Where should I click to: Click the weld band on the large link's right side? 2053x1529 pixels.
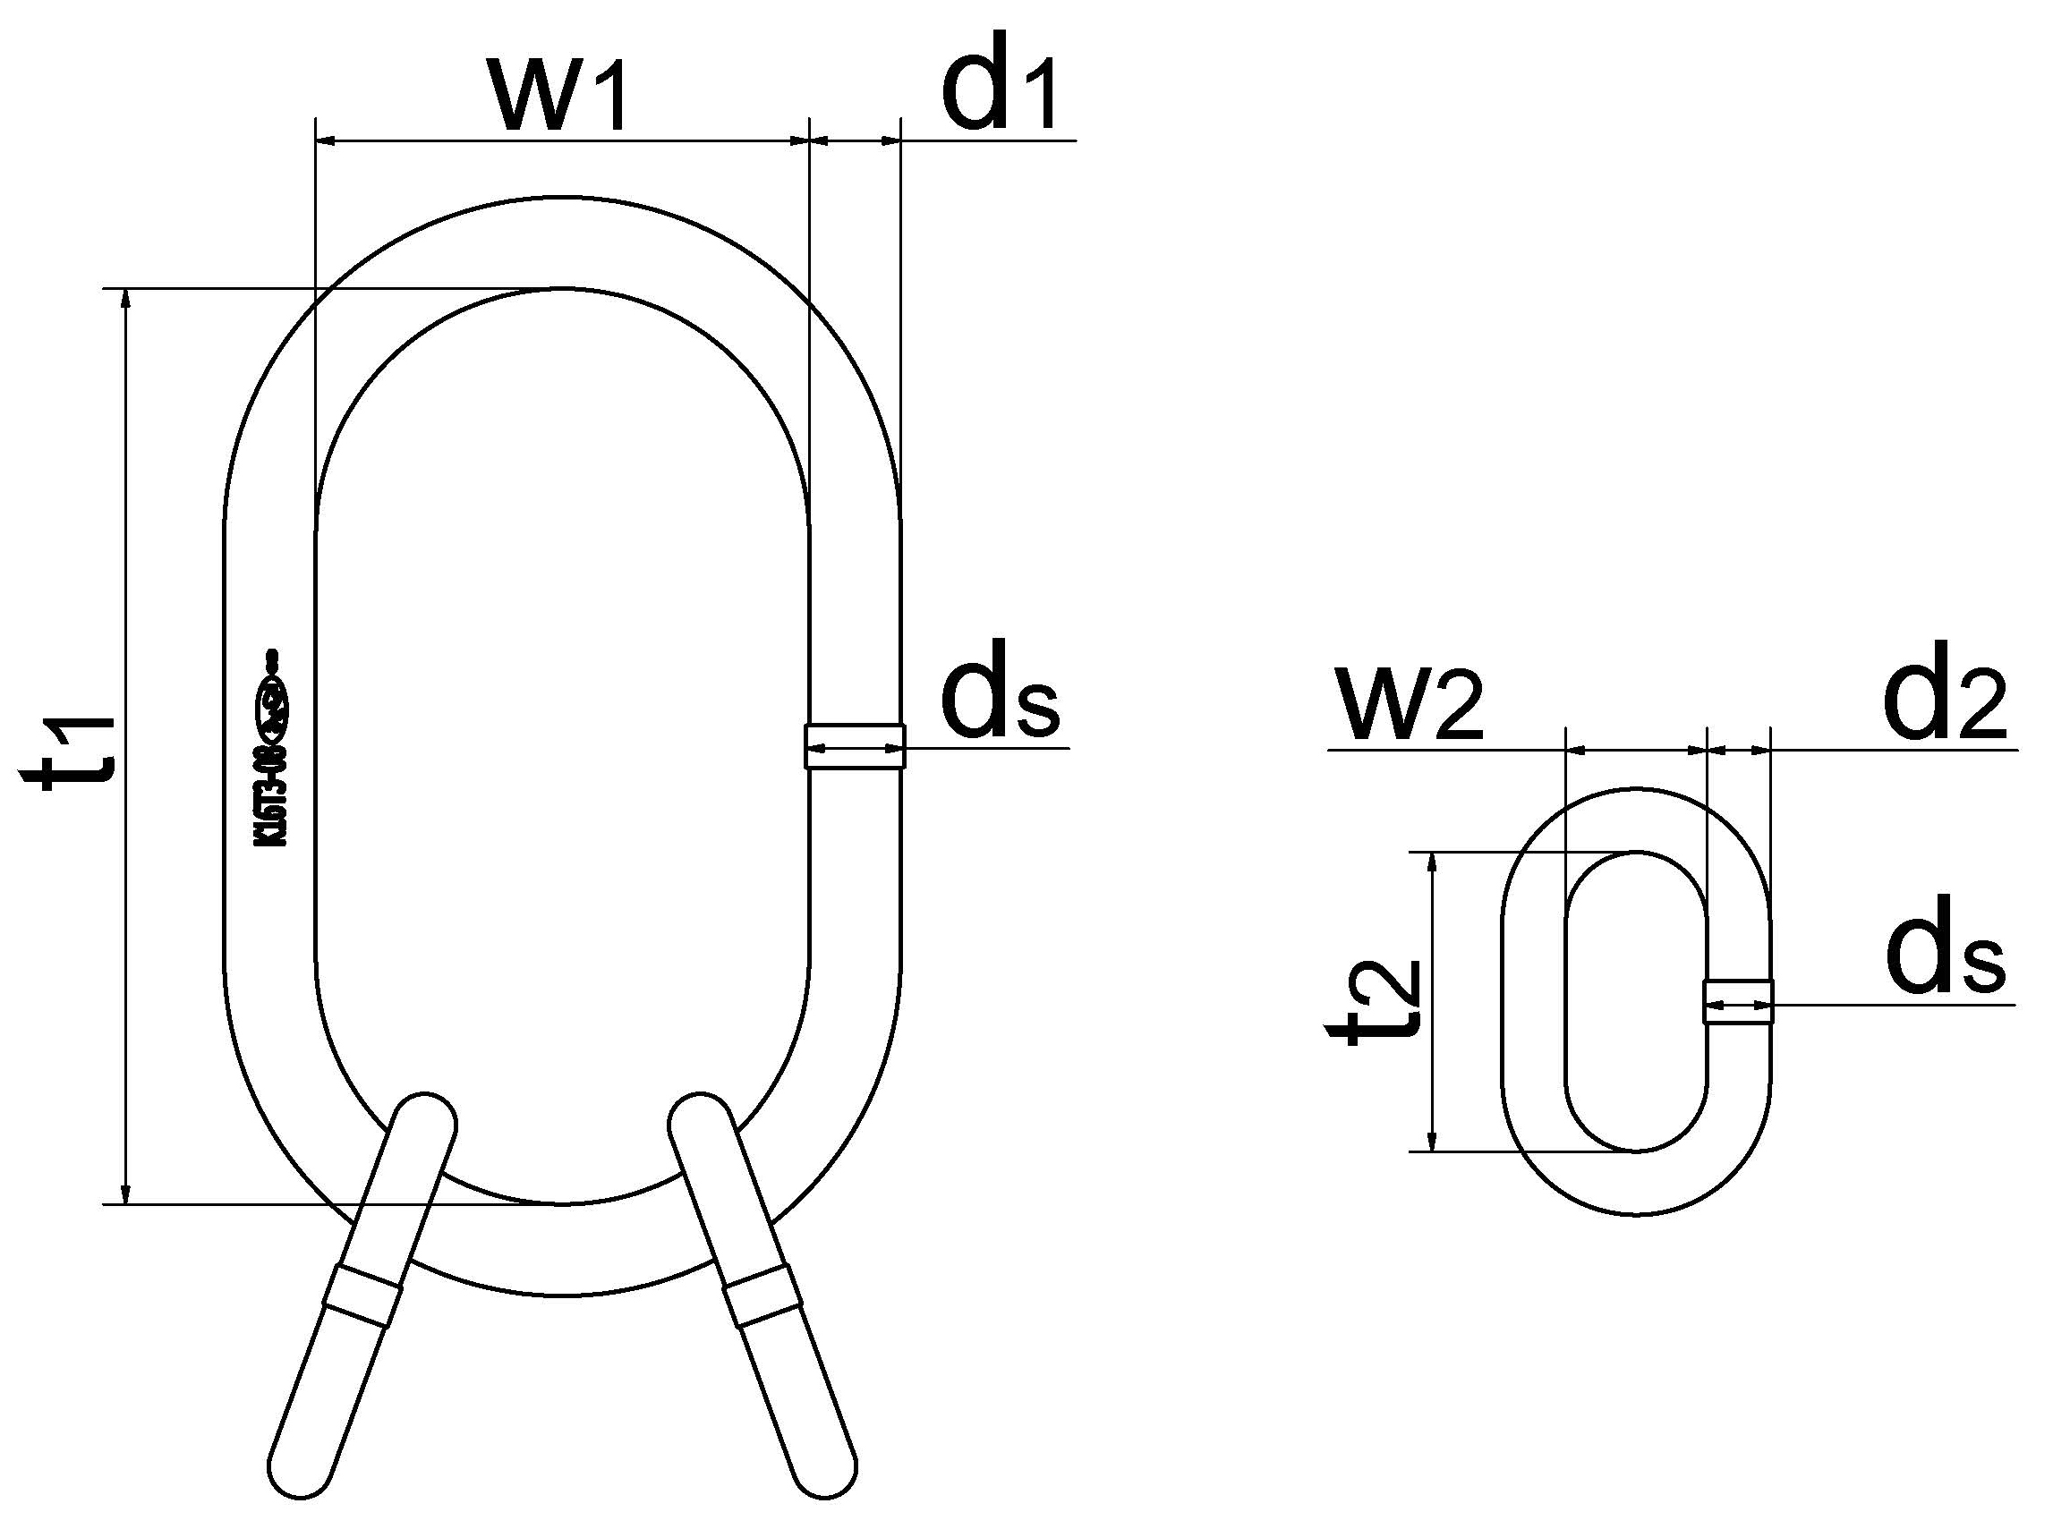(x=855, y=746)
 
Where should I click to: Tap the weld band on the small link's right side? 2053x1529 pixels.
(x=1737, y=1001)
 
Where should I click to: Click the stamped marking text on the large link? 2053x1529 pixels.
(x=272, y=750)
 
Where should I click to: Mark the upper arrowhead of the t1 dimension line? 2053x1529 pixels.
(x=128, y=302)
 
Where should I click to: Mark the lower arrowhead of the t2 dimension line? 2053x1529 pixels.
(x=1433, y=1141)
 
